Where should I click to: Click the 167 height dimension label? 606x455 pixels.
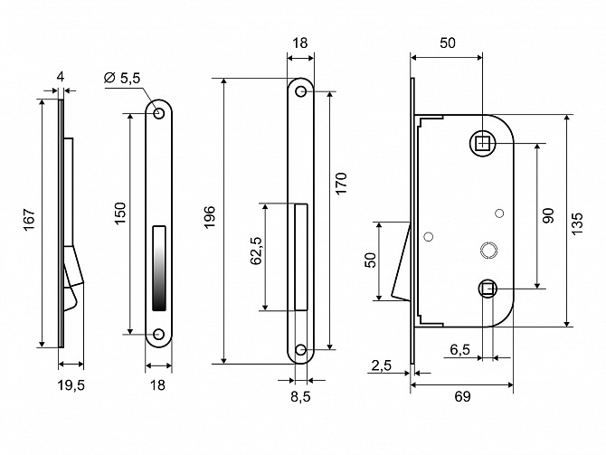pos(30,221)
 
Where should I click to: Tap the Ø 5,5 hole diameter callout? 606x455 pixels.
pos(122,78)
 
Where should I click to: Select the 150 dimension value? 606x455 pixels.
pos(120,213)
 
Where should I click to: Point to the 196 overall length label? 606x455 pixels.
pos(209,217)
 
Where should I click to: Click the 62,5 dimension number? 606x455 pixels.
pos(256,251)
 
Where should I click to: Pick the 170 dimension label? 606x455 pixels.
pos(341,184)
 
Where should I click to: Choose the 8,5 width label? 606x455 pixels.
pos(300,396)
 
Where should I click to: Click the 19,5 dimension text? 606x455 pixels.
pos(71,385)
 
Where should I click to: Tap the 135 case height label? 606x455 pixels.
pos(576,223)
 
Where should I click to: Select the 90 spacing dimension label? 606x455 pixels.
pos(547,215)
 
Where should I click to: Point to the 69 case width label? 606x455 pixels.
pos(462,396)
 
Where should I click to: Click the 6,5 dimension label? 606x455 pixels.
pos(459,349)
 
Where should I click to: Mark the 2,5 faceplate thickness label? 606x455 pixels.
pos(382,365)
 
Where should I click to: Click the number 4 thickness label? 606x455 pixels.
pos(61,77)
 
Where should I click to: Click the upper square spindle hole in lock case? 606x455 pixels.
pos(482,144)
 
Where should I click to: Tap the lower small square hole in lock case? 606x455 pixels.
pos(488,289)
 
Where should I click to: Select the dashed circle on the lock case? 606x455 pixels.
pos(489,250)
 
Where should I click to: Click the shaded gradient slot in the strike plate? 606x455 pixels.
pos(159,268)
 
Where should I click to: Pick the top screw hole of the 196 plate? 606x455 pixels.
pos(300,91)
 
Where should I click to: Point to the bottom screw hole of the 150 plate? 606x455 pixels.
pos(158,335)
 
